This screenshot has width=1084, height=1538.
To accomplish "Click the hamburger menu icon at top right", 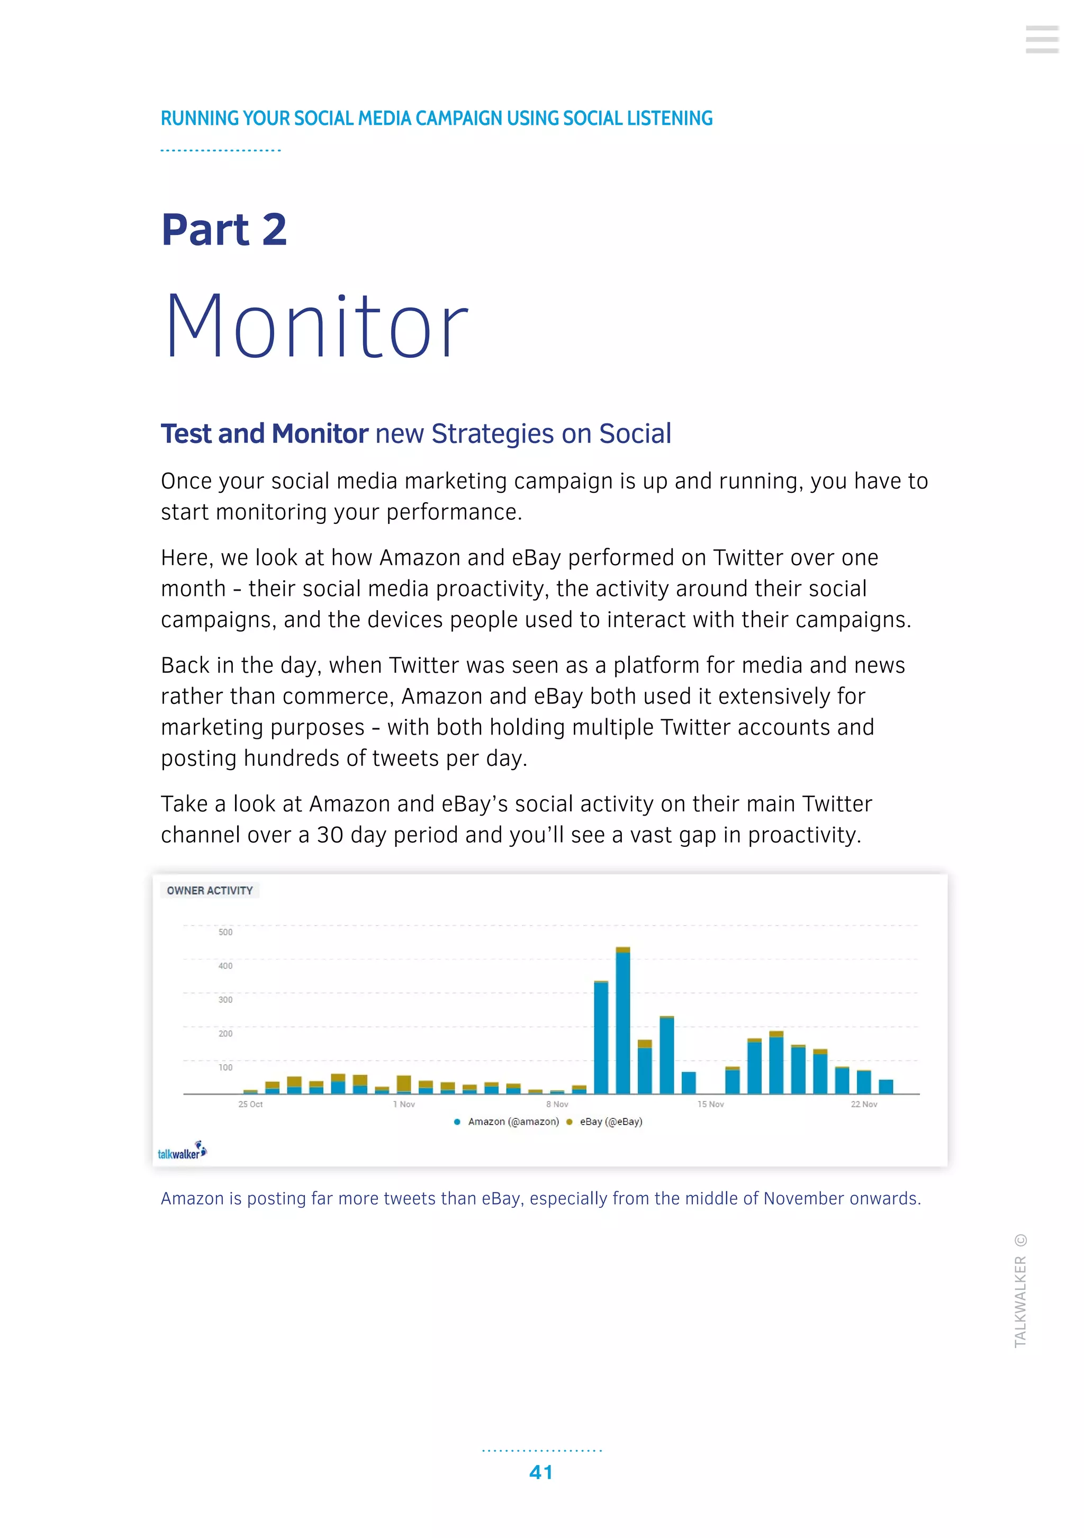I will coord(1041,40).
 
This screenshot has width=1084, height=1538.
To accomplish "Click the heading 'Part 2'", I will coord(224,230).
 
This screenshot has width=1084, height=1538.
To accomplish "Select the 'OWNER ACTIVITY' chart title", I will coord(210,890).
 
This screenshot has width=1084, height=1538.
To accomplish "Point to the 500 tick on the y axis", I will coord(225,932).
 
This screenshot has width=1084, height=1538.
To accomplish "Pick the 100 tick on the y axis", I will coord(225,1067).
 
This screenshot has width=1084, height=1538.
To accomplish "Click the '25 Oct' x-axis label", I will coord(250,1104).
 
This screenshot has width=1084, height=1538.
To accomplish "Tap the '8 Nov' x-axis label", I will coord(557,1104).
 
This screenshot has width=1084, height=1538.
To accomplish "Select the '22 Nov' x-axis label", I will coord(864,1104).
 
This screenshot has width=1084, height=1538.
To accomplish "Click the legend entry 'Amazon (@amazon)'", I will coord(512,1121).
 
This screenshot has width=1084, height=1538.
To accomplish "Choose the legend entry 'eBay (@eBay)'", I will coord(610,1121).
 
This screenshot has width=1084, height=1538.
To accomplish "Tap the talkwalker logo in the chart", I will coord(182,1151).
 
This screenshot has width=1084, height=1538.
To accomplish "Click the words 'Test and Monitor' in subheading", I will coord(264,434).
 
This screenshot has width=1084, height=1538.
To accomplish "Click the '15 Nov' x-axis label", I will coord(710,1104).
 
